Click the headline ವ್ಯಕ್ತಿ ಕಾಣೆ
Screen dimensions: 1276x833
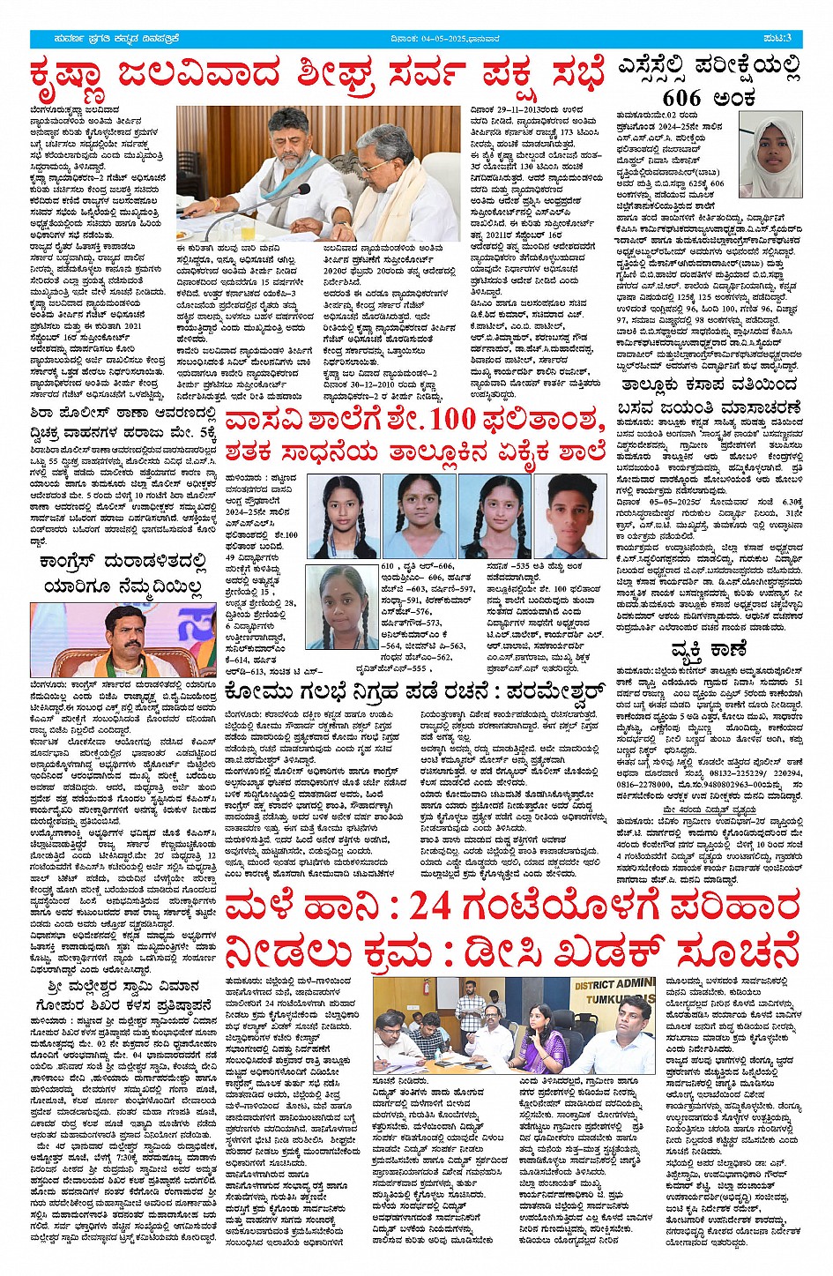[710, 650]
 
